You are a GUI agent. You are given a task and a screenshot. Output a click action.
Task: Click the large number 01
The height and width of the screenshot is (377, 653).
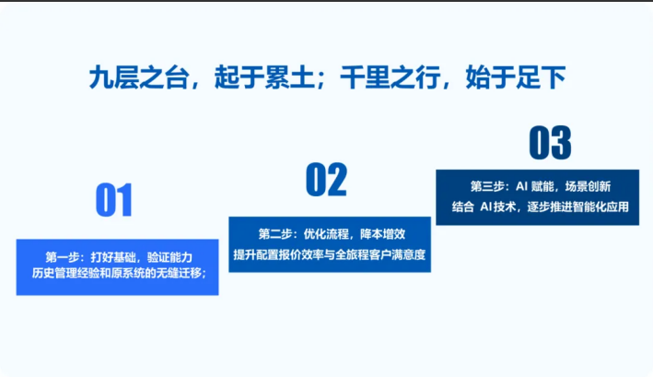pos(114,200)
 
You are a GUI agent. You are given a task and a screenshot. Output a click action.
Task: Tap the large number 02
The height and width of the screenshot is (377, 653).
pos(326,180)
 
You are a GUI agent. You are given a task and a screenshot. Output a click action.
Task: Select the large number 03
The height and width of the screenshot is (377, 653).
pos(550,143)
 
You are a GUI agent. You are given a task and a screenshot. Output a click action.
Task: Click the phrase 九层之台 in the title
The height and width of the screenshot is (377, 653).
pos(139,77)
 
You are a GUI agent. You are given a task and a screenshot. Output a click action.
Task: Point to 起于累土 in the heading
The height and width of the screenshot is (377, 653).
pos(264,77)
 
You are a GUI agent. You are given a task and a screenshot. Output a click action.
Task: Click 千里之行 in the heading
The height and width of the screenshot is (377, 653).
pos(391,77)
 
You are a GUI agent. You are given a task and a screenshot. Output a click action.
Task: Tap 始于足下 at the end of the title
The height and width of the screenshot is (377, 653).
pos(516,77)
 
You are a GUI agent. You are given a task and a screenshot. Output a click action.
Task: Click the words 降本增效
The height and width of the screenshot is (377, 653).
pos(383,234)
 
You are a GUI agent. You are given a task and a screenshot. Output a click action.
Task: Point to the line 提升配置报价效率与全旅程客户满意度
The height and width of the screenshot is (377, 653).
pos(330,254)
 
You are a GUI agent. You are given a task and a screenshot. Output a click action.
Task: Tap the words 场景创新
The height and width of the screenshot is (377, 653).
pos(588,186)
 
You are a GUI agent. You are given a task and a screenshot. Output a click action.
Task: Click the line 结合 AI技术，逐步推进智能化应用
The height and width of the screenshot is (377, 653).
pos(540,206)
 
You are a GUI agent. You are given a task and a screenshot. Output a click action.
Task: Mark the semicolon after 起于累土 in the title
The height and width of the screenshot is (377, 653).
pos(321,79)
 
